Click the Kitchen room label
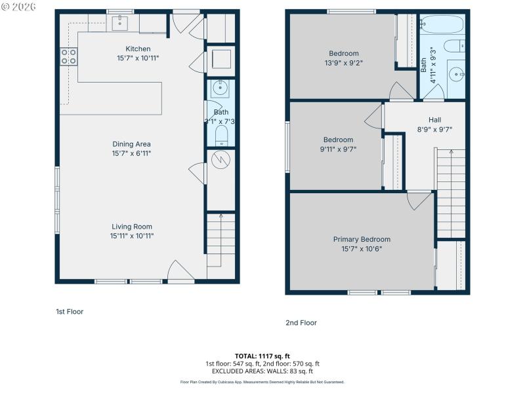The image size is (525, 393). click(x=138, y=48)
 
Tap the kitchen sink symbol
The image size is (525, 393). click(x=119, y=24)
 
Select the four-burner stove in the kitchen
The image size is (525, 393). click(x=68, y=56)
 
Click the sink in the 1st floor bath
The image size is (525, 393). click(x=220, y=88)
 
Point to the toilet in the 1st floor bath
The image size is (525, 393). click(x=220, y=136)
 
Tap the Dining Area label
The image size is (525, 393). click(x=132, y=144)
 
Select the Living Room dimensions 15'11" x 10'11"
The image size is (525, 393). click(x=132, y=236)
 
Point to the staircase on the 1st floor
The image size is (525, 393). click(x=220, y=239)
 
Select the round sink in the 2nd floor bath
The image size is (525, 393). click(x=457, y=75)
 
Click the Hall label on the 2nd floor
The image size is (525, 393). click(x=434, y=120)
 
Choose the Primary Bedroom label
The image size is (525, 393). click(x=361, y=239)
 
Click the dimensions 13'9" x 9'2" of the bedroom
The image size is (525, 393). click(x=344, y=63)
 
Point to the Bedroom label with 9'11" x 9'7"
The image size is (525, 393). click(x=338, y=140)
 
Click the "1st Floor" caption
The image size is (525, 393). click(x=70, y=312)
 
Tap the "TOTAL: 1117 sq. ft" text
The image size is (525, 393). click(x=262, y=356)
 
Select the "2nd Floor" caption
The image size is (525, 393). click(x=301, y=322)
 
